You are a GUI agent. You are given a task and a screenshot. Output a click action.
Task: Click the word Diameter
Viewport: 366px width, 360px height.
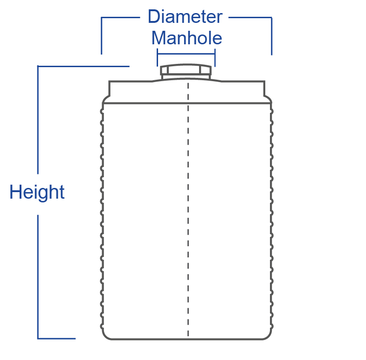(185, 17)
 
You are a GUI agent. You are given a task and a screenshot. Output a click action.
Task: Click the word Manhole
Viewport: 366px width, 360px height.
(186, 38)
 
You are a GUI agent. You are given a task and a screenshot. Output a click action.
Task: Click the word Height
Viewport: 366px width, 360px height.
(37, 192)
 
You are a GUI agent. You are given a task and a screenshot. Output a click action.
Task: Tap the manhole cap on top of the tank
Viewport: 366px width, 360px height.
(186, 71)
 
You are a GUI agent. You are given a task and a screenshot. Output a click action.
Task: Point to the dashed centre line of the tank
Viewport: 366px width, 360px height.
(188, 210)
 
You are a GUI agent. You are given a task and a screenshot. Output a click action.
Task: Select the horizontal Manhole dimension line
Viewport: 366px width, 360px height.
(186, 54)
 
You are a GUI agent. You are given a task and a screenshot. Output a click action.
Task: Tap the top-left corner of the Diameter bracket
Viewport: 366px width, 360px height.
(102, 18)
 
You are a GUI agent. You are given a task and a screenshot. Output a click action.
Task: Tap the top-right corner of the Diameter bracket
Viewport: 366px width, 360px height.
(271, 18)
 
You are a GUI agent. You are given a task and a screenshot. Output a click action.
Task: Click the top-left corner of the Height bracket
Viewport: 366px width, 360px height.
(38, 67)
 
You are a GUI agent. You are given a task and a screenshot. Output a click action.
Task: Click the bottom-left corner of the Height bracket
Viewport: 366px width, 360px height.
(38, 338)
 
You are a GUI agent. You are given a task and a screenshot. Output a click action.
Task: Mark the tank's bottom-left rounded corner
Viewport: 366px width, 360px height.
(104, 336)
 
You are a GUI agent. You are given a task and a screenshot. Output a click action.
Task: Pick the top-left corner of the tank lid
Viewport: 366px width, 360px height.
(110, 82)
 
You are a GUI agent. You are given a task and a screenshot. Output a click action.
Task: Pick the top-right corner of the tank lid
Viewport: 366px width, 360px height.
(264, 82)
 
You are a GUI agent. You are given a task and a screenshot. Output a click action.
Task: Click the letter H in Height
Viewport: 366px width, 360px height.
(14, 192)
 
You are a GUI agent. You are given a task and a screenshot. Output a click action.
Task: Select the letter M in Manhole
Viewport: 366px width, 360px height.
(159, 38)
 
